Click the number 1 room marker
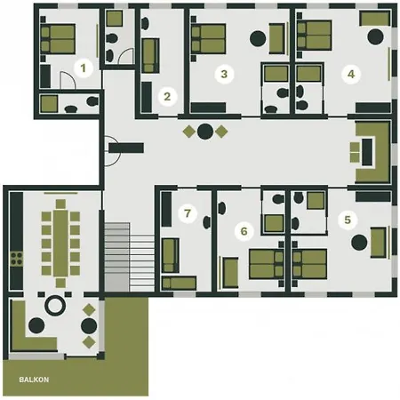pyautogui.click(x=83, y=68)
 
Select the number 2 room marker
pyautogui.click(x=165, y=95)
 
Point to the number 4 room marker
pyautogui.click(x=351, y=75)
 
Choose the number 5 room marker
pyautogui.click(x=347, y=218)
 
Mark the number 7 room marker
pyautogui.click(x=186, y=213)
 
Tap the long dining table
pyautogui.click(x=60, y=243)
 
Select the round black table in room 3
pyautogui.click(x=259, y=38)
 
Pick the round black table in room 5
pyautogui.click(x=360, y=243)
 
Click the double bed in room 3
pyautogui.click(x=212, y=38)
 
